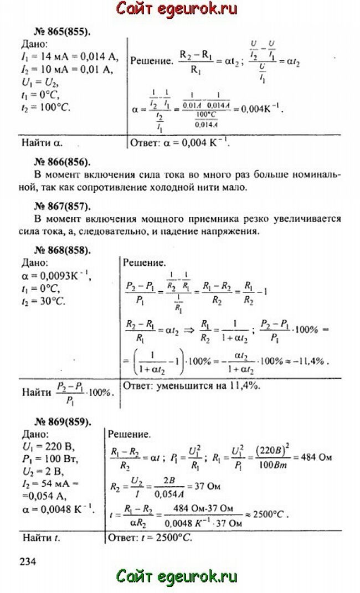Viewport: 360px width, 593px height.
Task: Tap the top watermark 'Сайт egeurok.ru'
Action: (177, 9)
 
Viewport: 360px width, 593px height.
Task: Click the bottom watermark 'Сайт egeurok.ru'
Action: (177, 577)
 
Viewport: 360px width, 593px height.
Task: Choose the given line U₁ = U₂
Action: (40, 81)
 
